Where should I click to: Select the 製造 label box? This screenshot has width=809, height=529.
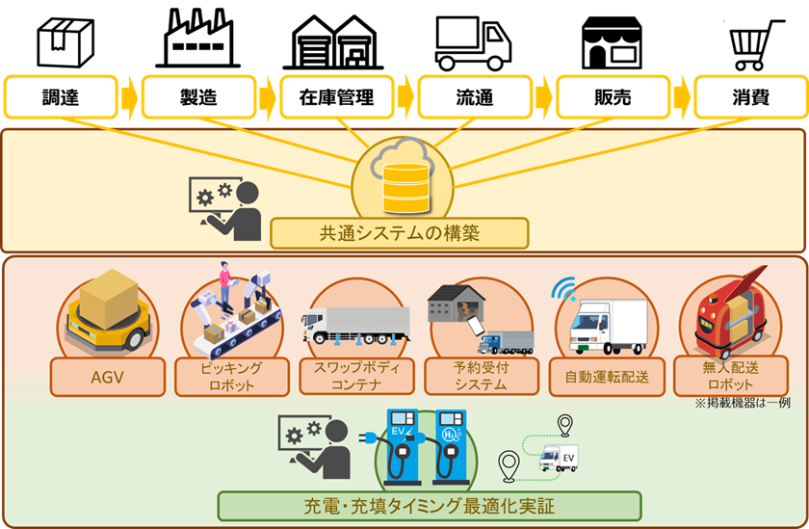point(197,97)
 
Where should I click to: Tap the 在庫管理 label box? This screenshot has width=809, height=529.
point(335,97)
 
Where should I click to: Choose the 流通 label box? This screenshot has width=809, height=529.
point(474,97)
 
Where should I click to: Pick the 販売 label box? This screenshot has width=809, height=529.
point(611,97)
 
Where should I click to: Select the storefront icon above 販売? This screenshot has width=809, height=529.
point(611,42)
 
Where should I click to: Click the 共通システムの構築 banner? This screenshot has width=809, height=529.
point(400,233)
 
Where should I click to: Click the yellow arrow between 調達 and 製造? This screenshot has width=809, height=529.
point(129,97)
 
